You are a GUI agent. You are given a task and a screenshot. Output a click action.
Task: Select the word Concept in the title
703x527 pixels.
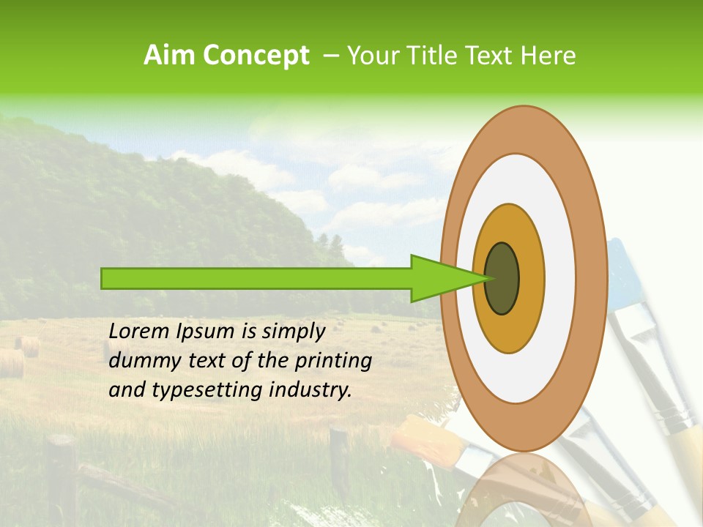256,55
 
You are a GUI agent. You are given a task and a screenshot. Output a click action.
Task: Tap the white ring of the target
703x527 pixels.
560,278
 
